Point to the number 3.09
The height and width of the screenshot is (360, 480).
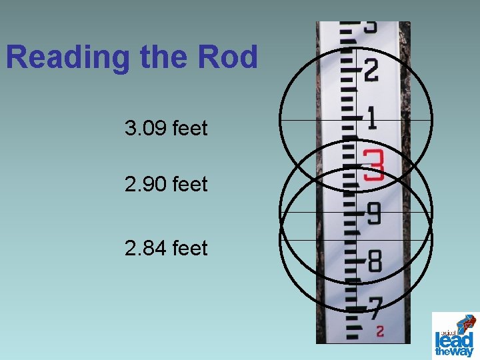point(145,128)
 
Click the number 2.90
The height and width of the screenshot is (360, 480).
point(145,183)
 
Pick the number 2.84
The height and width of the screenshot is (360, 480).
point(145,248)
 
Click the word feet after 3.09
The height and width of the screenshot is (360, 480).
point(190,128)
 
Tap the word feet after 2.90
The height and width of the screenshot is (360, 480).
point(190,183)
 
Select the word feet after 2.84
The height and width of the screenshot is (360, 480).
point(190,248)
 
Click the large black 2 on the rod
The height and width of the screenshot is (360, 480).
point(371,70)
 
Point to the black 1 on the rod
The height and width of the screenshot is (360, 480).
point(371,119)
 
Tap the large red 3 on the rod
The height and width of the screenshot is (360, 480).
point(373,165)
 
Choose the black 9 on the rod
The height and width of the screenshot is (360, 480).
point(373,214)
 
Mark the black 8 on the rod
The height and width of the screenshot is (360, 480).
point(374,261)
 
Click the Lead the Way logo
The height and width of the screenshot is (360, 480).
point(455,335)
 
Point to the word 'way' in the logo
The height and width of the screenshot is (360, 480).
point(463,351)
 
